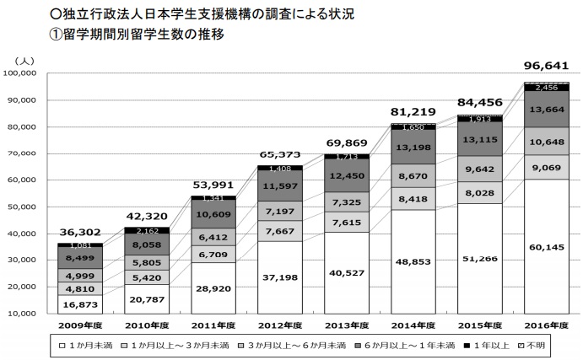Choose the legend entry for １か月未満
(x=93, y=344)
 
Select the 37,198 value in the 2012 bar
(x=278, y=277)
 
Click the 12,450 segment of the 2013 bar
(x=345, y=175)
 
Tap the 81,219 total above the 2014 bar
(x=412, y=111)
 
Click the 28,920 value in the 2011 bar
(x=213, y=287)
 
